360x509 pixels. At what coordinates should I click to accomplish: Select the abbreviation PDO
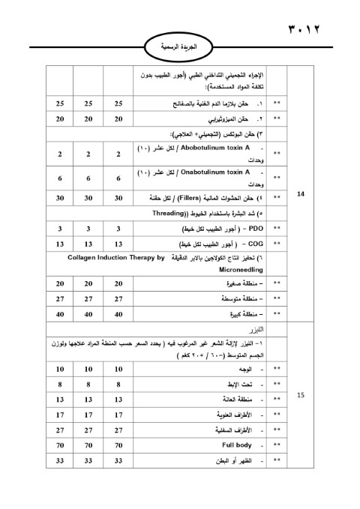(255, 228)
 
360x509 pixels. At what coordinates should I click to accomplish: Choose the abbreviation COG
(254, 244)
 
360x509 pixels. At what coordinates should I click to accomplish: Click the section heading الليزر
(262, 330)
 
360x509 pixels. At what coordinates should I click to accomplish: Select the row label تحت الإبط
(240, 384)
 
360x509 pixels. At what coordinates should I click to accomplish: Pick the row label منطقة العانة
(236, 400)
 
